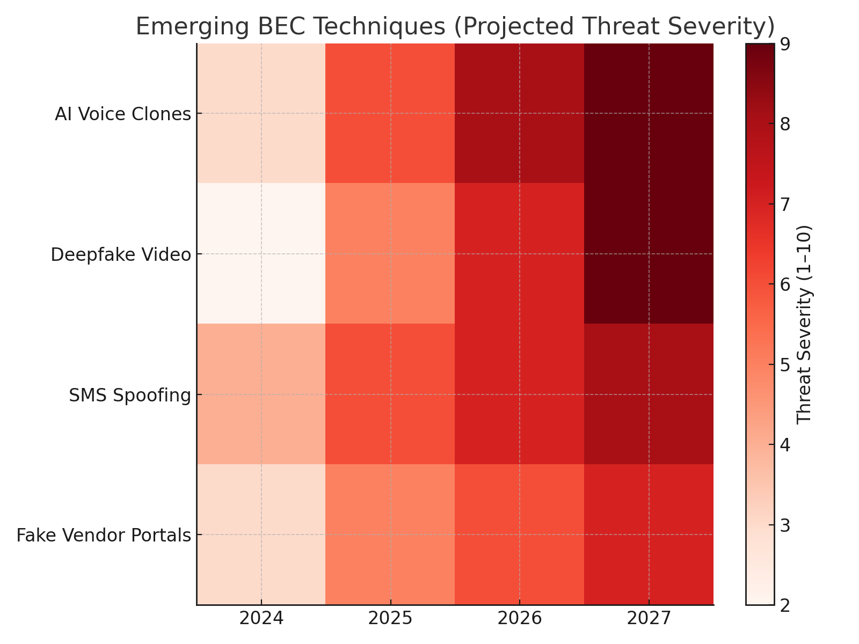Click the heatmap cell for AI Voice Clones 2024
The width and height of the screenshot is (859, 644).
(261, 113)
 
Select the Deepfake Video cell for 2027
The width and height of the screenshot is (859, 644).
(649, 254)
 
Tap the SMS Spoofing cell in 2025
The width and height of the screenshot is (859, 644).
(390, 394)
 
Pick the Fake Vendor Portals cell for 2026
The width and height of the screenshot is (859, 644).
(519, 535)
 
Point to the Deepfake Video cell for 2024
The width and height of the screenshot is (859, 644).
(261, 254)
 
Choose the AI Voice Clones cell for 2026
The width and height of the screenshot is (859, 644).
(519, 113)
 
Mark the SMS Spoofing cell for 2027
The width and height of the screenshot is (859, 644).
(649, 394)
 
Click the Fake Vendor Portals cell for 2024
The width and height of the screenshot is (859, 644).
(261, 535)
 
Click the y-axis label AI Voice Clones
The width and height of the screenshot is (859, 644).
(123, 114)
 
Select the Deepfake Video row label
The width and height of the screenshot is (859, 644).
(121, 255)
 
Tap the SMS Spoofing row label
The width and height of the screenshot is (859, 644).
(130, 396)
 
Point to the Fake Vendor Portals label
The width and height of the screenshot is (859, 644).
(104, 536)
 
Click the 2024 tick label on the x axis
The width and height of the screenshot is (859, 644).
(261, 619)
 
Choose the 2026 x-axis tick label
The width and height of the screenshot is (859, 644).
(519, 619)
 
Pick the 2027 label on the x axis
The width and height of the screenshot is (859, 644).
(649, 619)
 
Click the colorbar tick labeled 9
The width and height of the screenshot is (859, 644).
(785, 44)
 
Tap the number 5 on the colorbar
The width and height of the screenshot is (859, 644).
(785, 365)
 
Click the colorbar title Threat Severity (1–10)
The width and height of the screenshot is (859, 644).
(804, 324)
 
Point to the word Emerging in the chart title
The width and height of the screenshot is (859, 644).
(180, 27)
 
